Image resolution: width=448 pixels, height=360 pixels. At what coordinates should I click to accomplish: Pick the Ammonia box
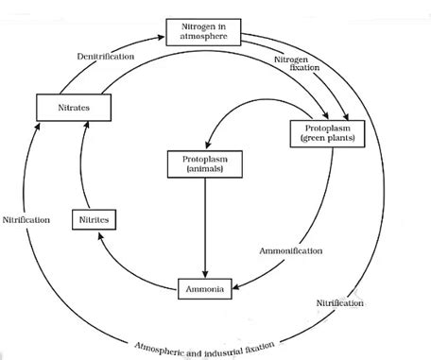coord(203,287)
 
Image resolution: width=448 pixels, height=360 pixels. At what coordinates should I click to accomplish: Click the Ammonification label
coord(290,251)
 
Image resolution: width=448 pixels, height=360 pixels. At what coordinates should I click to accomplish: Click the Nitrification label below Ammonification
coord(342,302)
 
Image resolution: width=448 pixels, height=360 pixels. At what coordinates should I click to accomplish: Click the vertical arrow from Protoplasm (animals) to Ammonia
coord(205,227)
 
